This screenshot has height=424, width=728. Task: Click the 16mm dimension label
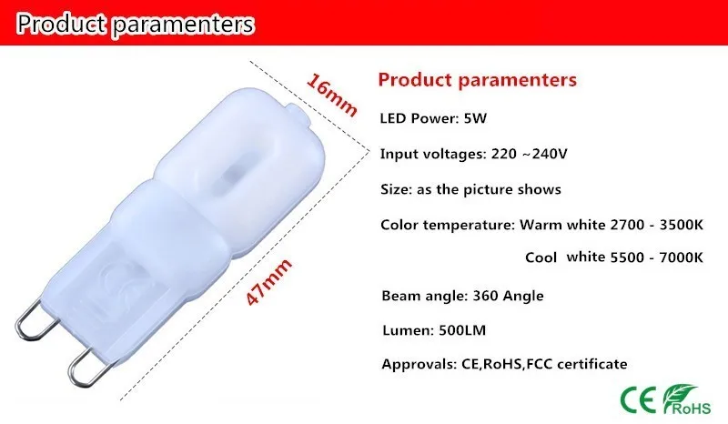(x=331, y=95)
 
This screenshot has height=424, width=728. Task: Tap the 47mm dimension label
(x=268, y=282)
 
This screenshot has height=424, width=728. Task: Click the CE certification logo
(x=639, y=399)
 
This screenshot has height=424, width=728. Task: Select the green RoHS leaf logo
(x=687, y=399)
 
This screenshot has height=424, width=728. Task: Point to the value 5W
(x=475, y=118)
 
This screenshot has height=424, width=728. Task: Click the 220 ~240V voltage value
(x=529, y=154)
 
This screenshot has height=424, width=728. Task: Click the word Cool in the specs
(x=541, y=257)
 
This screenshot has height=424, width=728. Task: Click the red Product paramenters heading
(x=477, y=80)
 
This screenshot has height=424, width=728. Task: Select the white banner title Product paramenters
(x=135, y=25)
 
